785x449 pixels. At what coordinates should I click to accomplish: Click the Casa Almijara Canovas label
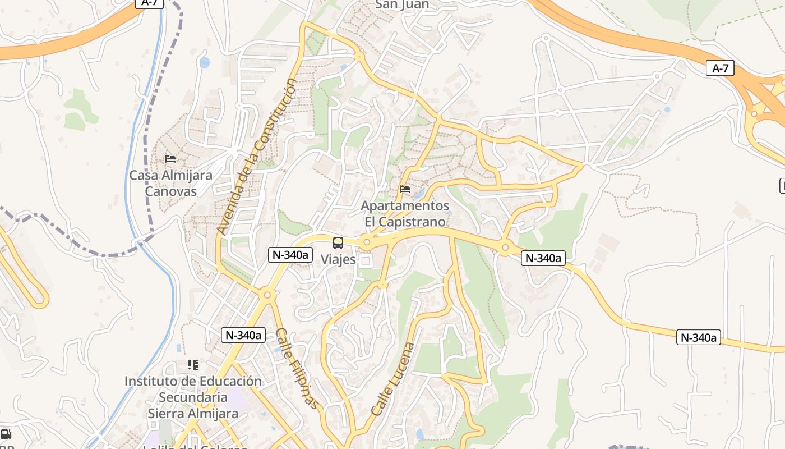pos(171,183)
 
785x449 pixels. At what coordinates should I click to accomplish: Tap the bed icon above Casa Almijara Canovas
pos(170,159)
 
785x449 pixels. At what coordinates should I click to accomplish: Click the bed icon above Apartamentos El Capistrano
pos(405,189)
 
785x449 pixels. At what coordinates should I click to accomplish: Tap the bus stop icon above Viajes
pos(338,243)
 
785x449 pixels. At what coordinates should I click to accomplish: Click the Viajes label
pos(338,259)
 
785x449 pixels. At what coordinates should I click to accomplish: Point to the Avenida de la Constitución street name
pos(256,157)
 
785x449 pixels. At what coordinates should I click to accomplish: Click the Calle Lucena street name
pos(393,379)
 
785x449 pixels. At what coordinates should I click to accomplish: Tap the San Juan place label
pos(402,4)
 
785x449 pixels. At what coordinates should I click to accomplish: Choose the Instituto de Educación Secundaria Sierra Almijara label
pos(193,397)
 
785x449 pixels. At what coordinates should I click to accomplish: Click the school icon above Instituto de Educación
pos(193,365)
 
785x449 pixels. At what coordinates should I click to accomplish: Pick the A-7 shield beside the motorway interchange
pos(720,68)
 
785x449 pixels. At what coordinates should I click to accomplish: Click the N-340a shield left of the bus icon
pos(290,254)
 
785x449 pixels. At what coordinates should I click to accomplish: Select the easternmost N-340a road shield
pos(698,337)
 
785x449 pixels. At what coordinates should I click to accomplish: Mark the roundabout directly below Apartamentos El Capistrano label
pos(367,243)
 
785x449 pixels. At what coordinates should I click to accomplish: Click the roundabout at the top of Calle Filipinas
pos(267,294)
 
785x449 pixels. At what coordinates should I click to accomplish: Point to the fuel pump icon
pos(6,434)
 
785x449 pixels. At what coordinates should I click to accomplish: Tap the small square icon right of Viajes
pos(366,261)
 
